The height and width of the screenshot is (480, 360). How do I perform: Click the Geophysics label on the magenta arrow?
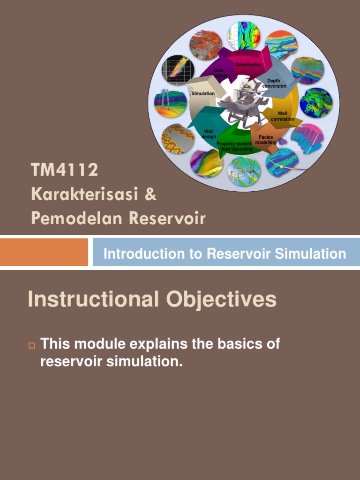[x=248, y=65]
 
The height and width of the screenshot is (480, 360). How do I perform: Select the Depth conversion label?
[x=274, y=83]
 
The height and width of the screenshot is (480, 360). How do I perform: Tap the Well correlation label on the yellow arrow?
[x=282, y=116]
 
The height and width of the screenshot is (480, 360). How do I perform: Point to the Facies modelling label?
[x=266, y=140]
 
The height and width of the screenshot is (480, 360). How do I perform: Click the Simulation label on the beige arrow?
[x=203, y=94]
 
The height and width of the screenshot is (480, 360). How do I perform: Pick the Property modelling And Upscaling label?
[x=234, y=146]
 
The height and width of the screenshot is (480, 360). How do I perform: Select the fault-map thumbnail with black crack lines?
[x=244, y=36]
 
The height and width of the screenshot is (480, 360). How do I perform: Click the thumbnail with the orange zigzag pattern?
[x=178, y=139]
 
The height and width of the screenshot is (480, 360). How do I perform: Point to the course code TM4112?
[x=65, y=170]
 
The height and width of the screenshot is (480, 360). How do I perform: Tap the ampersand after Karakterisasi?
[x=150, y=195]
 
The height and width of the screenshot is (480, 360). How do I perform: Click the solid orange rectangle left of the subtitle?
[x=44, y=252]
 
